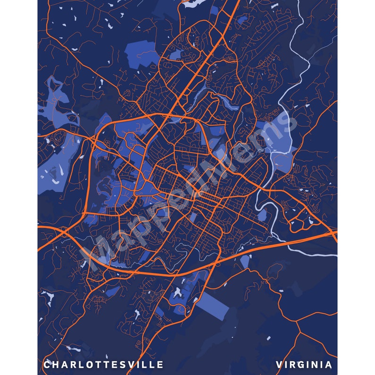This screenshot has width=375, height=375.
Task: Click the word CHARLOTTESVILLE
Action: [x=103, y=365]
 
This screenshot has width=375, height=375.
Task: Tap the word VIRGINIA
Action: [x=304, y=365]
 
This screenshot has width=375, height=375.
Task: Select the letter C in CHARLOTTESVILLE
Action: [x=47, y=365]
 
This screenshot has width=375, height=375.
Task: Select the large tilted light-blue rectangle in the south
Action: [x=212, y=306]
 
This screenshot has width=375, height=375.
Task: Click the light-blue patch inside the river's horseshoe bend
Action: [x=263, y=215]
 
